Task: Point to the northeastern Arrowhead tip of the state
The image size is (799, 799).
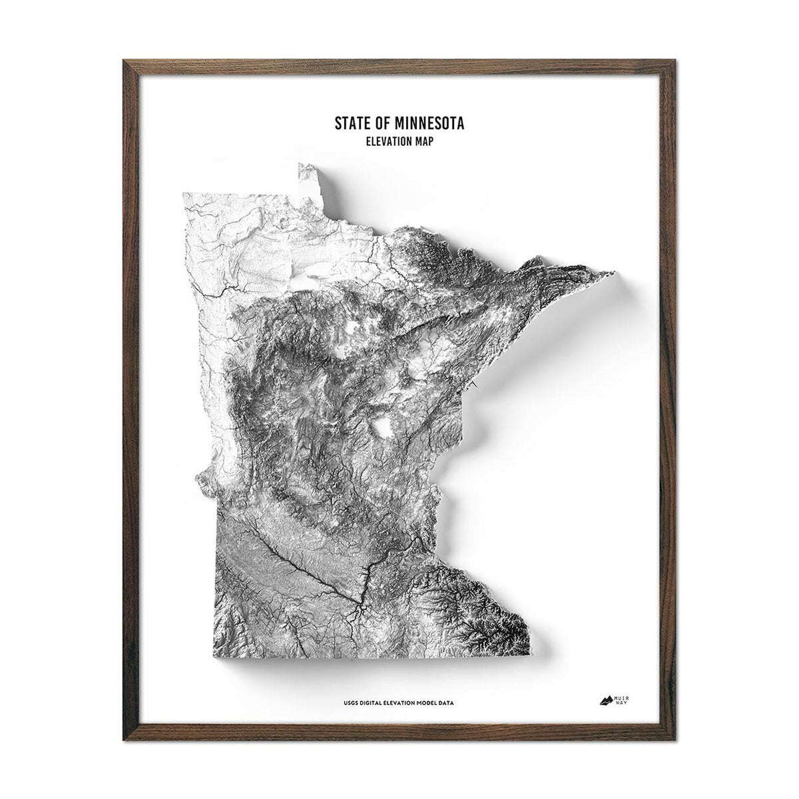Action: click(x=611, y=272)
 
